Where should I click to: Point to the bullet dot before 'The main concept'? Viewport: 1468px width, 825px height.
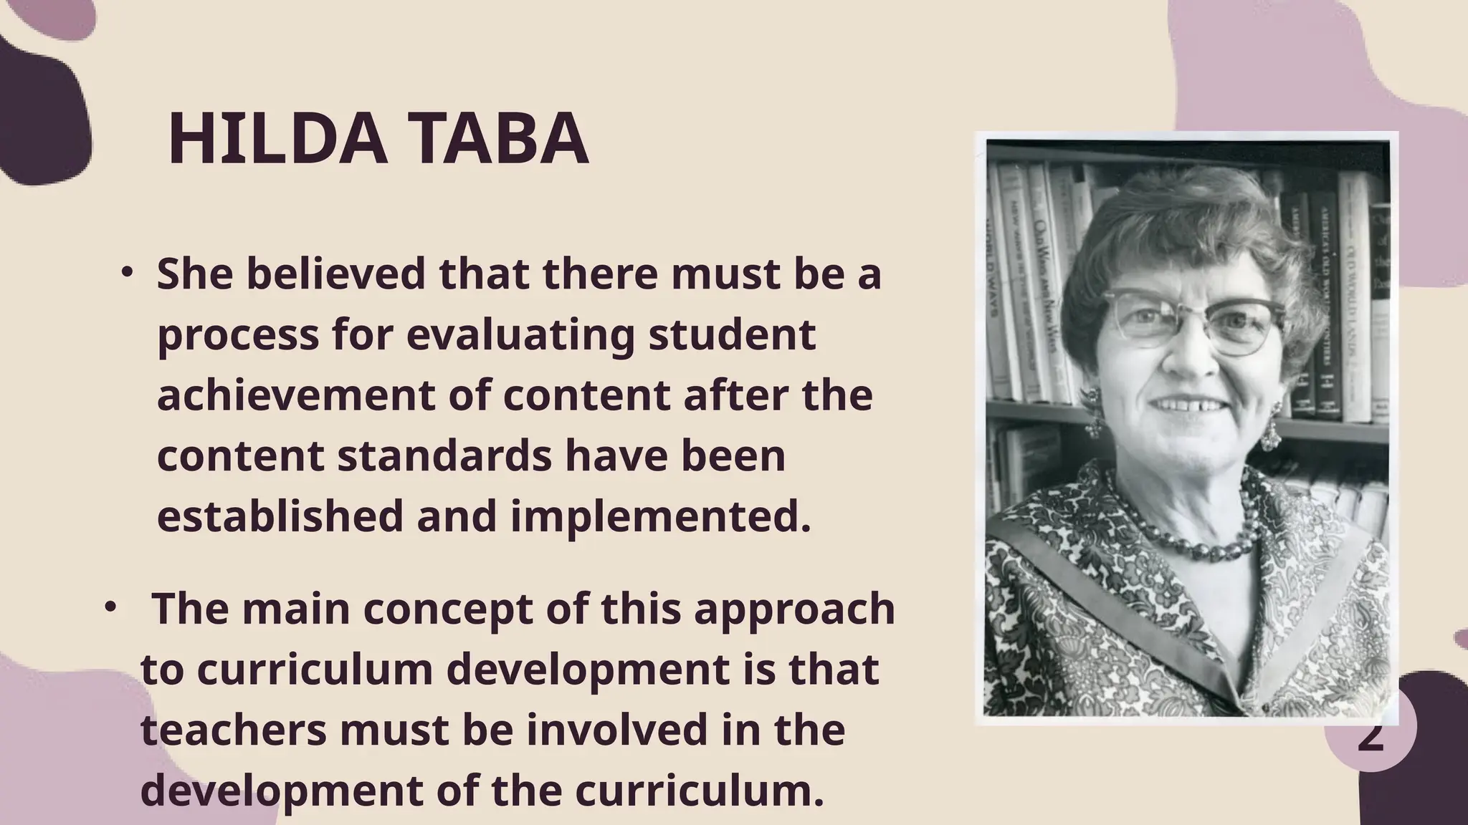click(x=110, y=607)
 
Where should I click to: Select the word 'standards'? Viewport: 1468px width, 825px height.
click(x=444, y=455)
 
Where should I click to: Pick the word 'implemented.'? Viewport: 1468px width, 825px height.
click(x=661, y=516)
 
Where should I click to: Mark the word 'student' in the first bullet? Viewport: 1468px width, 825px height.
click(x=732, y=334)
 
